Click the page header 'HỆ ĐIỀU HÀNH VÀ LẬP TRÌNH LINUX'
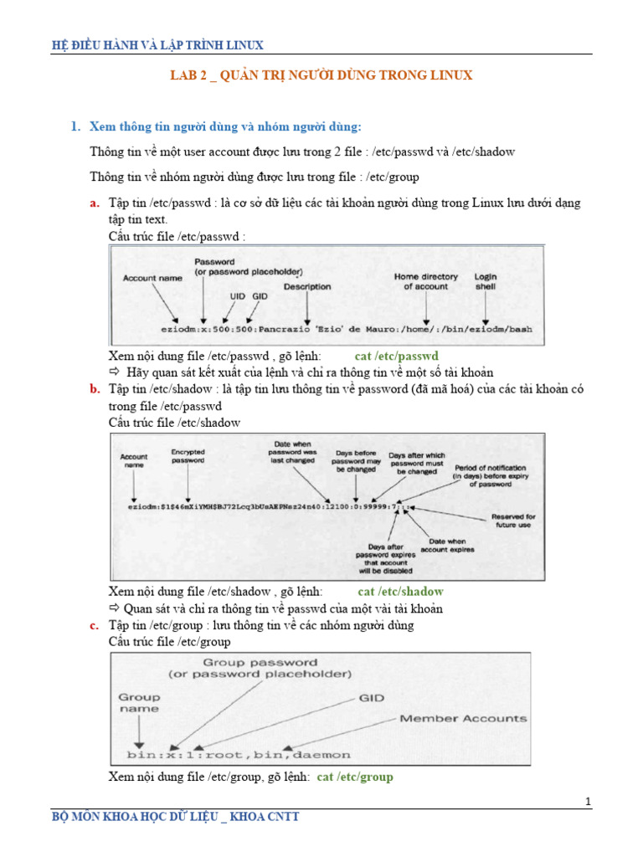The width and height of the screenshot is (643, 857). pyautogui.click(x=157, y=45)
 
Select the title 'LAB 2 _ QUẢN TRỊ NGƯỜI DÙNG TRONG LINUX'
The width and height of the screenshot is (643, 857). pyautogui.click(x=321, y=75)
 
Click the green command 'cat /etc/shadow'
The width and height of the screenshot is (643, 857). pyautogui.click(x=400, y=592)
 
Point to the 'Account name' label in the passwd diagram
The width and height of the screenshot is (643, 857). pyautogui.click(x=152, y=277)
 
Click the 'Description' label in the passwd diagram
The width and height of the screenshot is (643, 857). pyautogui.click(x=307, y=286)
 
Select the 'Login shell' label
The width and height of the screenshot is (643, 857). pyautogui.click(x=486, y=281)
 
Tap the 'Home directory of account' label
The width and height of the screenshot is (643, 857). pyautogui.click(x=426, y=281)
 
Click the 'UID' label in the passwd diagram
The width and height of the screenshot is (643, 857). pyautogui.click(x=238, y=296)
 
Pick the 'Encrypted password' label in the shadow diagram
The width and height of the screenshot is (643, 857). pyautogui.click(x=188, y=456)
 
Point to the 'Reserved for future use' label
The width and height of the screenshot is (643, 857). pyautogui.click(x=513, y=521)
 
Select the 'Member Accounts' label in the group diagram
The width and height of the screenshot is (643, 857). pyautogui.click(x=463, y=718)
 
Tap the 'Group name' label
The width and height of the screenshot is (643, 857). pyautogui.click(x=138, y=702)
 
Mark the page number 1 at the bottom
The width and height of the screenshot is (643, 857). pyautogui.click(x=589, y=803)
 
